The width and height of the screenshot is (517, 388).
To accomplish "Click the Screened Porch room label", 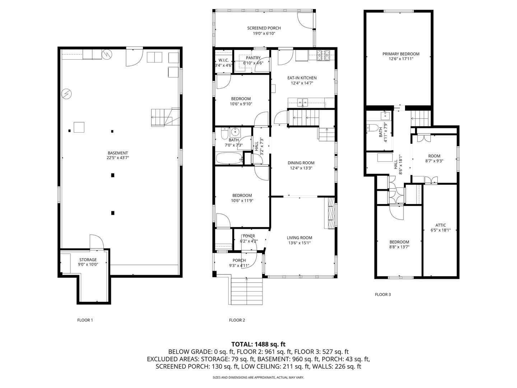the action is pyautogui.click(x=264, y=28).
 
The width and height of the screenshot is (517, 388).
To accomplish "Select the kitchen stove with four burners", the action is pyautogui.click(x=323, y=56).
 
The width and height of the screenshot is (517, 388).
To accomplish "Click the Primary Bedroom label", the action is pyautogui.click(x=401, y=54).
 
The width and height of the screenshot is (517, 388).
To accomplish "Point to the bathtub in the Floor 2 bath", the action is pyautogui.click(x=229, y=158).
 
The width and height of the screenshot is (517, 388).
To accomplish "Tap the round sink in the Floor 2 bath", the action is pyautogui.click(x=235, y=132).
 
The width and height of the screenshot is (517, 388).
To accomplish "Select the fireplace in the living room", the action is pyautogui.click(x=330, y=213).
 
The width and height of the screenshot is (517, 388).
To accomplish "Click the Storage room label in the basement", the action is pyautogui.click(x=88, y=260).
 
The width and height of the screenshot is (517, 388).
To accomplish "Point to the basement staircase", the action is pyautogui.click(x=165, y=117).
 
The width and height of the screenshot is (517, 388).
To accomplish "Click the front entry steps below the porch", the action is pyautogui.click(x=246, y=291).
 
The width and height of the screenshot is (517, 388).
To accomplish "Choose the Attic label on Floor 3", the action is pyautogui.click(x=441, y=225).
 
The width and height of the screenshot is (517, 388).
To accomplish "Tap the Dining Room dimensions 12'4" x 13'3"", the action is pyautogui.click(x=301, y=168).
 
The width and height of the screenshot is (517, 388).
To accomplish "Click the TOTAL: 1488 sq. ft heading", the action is pyautogui.click(x=258, y=344).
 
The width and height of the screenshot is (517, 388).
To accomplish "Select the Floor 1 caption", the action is pyautogui.click(x=85, y=320).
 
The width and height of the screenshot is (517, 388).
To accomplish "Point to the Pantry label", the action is pyautogui.click(x=253, y=58).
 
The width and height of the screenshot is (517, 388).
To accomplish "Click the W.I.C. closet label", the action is pyautogui.click(x=224, y=60).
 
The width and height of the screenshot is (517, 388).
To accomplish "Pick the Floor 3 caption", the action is pyautogui.click(x=383, y=294).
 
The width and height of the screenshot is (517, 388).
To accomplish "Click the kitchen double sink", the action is pyautogui.click(x=302, y=102).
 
